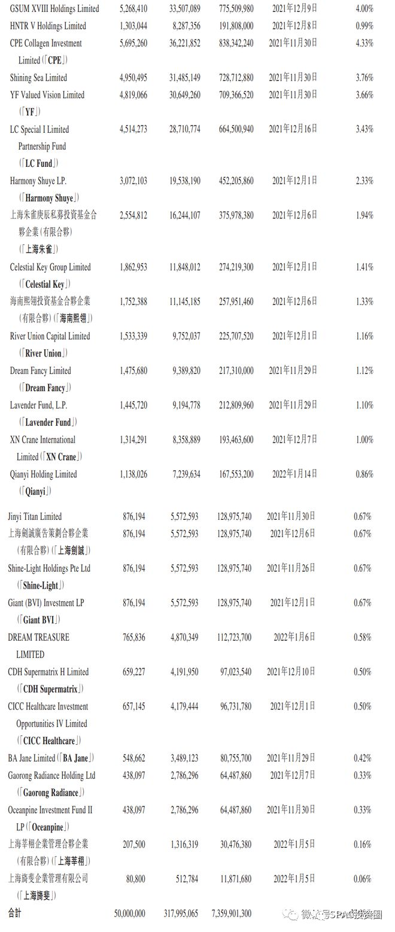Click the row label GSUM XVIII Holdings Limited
tap(54, 9)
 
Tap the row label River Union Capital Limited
tap(50, 336)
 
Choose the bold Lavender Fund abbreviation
tap(47, 422)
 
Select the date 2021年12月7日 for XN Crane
tap(295, 440)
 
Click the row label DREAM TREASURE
tap(39, 638)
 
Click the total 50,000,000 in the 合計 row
tap(129, 914)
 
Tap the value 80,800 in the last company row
tap(135, 879)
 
